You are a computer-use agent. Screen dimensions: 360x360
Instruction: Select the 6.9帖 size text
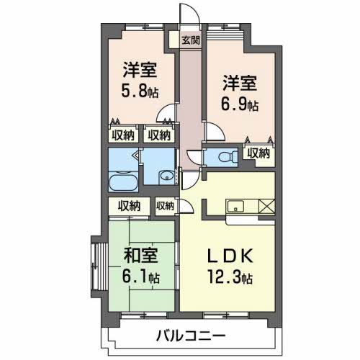240,105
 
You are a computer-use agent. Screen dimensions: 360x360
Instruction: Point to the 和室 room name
140,256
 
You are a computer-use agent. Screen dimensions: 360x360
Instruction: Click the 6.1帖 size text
141,276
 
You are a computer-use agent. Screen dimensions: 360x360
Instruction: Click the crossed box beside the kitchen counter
266,207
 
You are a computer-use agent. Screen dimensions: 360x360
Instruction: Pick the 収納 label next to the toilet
258,152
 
